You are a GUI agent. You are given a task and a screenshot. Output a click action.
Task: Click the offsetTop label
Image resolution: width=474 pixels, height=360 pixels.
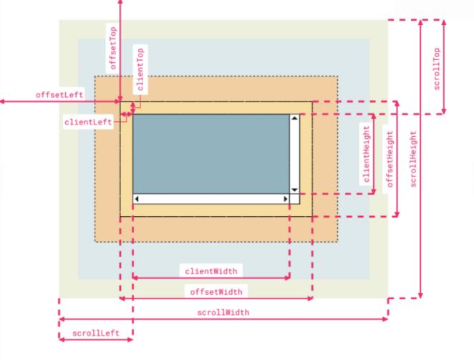(113, 49)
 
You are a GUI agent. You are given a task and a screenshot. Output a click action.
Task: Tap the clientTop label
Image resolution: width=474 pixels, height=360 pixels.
(140, 69)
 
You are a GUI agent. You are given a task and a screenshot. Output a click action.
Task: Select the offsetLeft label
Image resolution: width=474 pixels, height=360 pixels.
(59, 95)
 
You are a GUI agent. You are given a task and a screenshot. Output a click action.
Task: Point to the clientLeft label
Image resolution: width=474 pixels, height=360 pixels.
(88, 122)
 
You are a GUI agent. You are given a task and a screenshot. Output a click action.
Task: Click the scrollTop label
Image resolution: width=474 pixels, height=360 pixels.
(437, 69)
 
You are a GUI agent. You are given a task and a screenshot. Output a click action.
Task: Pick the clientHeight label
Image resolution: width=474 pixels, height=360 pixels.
(367, 154)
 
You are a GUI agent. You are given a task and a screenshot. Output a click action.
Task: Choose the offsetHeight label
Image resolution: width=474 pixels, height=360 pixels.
(390, 159)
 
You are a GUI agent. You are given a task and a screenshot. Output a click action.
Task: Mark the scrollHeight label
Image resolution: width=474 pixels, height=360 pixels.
(413, 159)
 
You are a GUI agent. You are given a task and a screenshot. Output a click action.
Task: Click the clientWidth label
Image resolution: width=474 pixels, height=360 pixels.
(211, 271)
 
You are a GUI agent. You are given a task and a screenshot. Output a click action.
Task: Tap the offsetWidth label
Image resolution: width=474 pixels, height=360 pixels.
(216, 292)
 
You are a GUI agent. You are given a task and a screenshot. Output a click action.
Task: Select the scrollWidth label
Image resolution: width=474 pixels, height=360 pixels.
(223, 313)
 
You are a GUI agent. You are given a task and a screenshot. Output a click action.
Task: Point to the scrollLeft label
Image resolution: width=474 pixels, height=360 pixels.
(96, 333)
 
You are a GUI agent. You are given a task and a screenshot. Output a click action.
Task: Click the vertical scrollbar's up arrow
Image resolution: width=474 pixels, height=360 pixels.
(294, 118)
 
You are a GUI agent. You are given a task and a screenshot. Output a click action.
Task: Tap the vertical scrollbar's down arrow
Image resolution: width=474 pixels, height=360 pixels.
(294, 190)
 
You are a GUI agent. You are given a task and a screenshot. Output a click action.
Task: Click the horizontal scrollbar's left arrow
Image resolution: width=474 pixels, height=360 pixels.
(137, 199)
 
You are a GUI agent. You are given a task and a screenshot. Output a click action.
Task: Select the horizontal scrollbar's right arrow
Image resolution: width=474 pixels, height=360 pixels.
(286, 199)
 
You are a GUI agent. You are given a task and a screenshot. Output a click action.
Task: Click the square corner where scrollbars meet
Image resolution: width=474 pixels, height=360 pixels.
(294, 199)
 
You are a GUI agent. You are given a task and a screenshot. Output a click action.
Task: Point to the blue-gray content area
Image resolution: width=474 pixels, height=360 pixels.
(211, 154)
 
